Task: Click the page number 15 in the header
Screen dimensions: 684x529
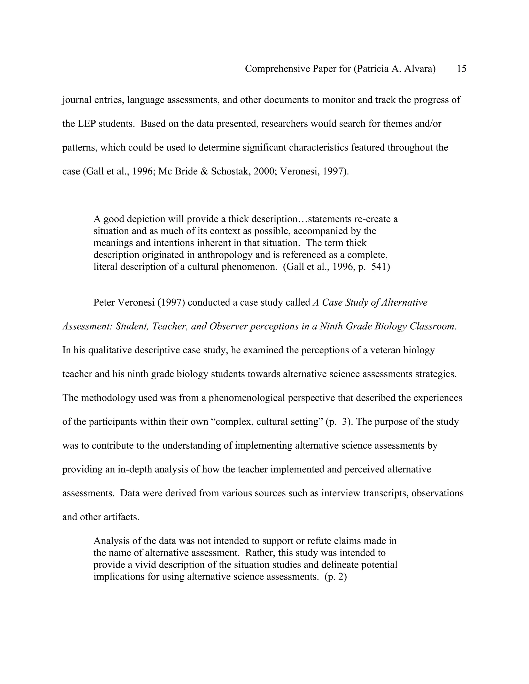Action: point(461,69)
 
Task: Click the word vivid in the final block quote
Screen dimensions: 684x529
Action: point(146,565)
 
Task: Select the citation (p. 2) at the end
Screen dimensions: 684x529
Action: point(336,577)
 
